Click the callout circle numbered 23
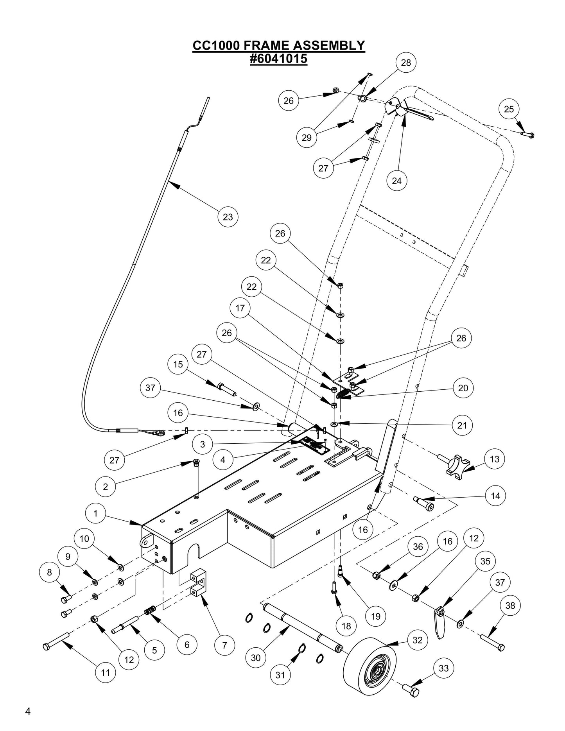pyautogui.click(x=228, y=217)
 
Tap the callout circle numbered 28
pyautogui.click(x=406, y=63)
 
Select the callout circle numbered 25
pyautogui.click(x=509, y=109)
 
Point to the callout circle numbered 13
pyautogui.click(x=495, y=459)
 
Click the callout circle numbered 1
pyautogui.click(x=96, y=513)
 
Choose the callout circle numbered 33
pyautogui.click(x=443, y=668)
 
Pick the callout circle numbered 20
pyautogui.click(x=463, y=388)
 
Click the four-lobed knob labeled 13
pyautogui.click(x=458, y=467)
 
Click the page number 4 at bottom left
pyautogui.click(x=27, y=711)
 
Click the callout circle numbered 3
pyautogui.click(x=203, y=444)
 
